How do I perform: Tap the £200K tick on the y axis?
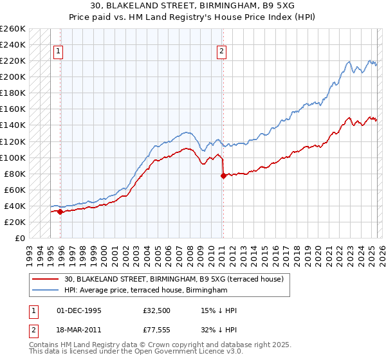13,76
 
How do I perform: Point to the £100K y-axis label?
13,157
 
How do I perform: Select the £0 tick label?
19,239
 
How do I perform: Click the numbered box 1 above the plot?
59,53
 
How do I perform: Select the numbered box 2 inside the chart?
221,53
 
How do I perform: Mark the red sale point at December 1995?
60,212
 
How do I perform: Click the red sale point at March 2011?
223,175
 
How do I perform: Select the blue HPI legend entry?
146,291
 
